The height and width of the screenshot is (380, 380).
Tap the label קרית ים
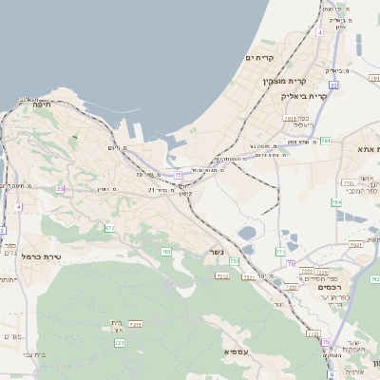click(258, 58)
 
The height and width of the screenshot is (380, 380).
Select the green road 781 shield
click(326, 141)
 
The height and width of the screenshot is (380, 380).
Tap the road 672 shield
click(109, 228)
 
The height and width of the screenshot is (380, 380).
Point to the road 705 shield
click(166, 252)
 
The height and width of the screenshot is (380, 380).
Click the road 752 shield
click(234, 261)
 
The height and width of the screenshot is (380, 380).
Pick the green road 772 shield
click(280, 251)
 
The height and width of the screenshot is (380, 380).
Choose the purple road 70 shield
click(292, 263)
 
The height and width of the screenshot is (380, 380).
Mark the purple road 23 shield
click(60, 189)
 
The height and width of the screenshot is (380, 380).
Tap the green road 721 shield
click(120, 342)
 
